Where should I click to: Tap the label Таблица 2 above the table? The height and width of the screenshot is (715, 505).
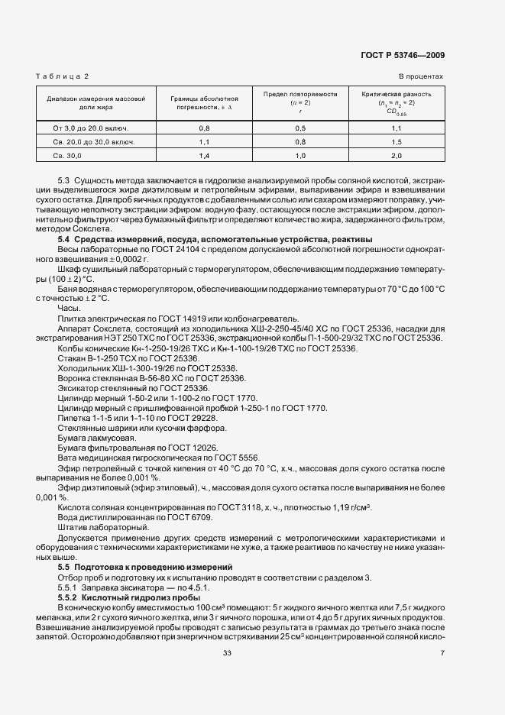coord(63,76)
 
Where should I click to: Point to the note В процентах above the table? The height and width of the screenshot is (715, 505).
coord(420,76)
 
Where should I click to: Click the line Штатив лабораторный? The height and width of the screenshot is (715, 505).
coord(99,528)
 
